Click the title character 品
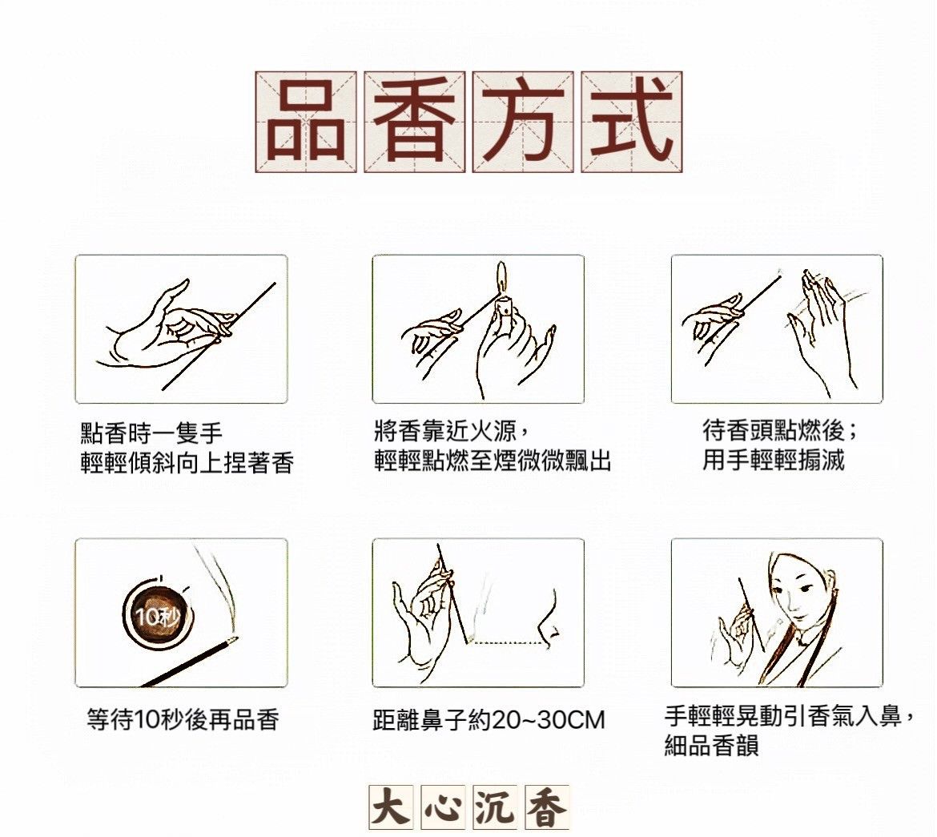pyautogui.click(x=306, y=122)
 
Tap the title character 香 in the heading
pyautogui.click(x=415, y=122)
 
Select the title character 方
pyautogui.click(x=523, y=122)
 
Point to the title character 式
pyautogui.click(x=632, y=122)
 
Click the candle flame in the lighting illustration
pyautogui.click(x=502, y=277)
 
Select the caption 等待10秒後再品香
pyautogui.click(x=183, y=719)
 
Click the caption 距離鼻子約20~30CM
pyautogui.click(x=489, y=720)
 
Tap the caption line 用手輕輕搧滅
pyautogui.click(x=774, y=461)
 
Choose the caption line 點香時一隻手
pyautogui.click(x=152, y=433)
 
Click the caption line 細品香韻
pyautogui.click(x=712, y=745)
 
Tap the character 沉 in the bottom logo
pyautogui.click(x=496, y=807)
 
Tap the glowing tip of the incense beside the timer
pyautogui.click(x=231, y=641)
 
